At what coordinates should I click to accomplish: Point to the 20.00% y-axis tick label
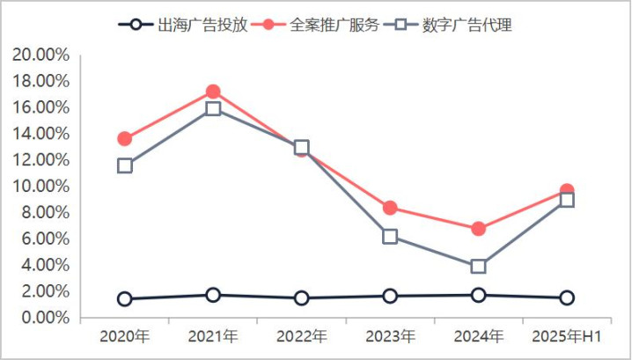pos(40,55)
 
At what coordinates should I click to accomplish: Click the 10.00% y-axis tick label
pos(40,186)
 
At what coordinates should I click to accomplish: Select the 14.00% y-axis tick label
pos(40,134)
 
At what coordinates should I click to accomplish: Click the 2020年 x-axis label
pos(124,337)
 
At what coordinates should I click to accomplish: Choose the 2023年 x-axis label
pos(390,337)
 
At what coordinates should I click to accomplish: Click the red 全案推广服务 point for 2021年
pos(213,92)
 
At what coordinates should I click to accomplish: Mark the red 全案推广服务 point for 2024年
pos(478,229)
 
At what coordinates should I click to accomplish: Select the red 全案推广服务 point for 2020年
pos(125,139)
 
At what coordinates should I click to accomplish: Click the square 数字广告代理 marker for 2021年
pos(213,109)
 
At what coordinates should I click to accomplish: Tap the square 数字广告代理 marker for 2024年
pos(478,266)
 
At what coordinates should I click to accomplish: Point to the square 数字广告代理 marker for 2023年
pos(390,236)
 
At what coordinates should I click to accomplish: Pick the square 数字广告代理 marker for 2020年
pos(125,165)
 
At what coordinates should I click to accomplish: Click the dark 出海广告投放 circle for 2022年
pos(302,298)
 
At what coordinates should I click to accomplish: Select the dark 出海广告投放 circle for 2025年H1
pos(567,298)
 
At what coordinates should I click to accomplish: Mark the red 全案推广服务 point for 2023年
pos(390,208)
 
